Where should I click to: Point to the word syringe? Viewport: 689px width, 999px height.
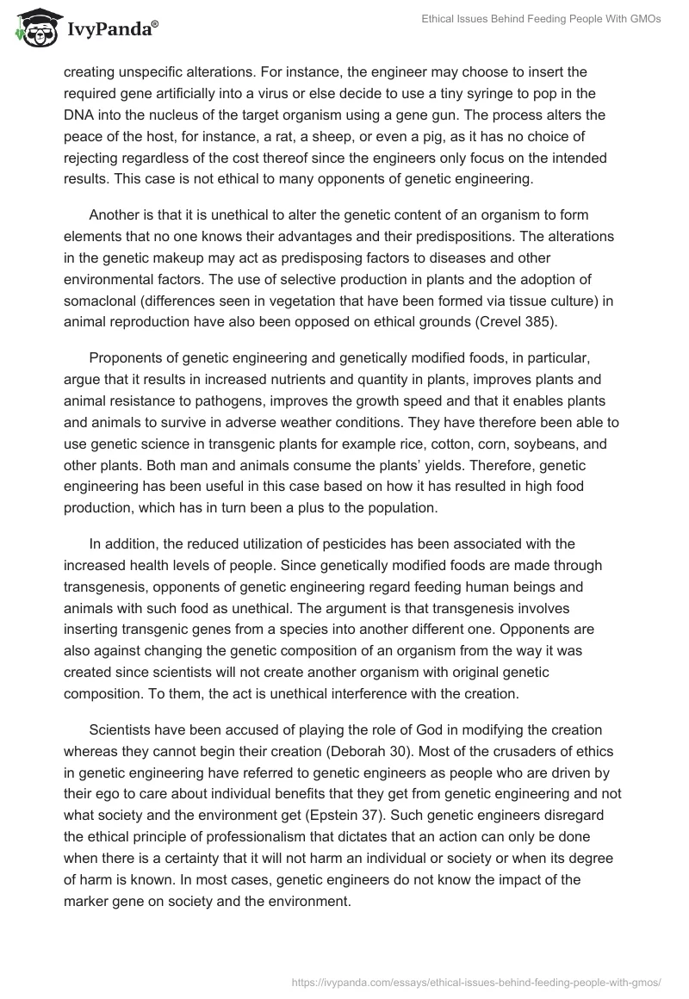point(511,93)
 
